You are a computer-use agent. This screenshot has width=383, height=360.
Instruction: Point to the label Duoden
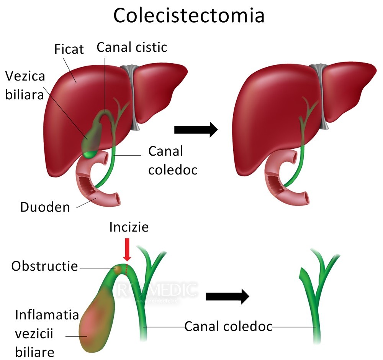[x=45, y=207]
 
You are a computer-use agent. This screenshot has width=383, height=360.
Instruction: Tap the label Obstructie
[x=44, y=266]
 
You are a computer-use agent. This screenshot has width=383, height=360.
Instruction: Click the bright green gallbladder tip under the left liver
[x=89, y=154]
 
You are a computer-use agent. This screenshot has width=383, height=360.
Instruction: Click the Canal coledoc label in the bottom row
[x=228, y=327]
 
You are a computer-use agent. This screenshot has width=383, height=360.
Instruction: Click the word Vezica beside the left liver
[x=25, y=76]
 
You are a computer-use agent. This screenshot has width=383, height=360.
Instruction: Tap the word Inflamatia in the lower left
[x=47, y=315]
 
